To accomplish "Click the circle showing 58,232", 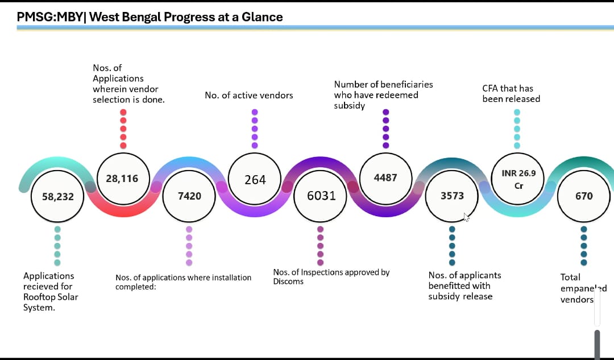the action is click(57, 196).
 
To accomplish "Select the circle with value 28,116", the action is click(123, 179).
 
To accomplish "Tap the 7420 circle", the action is click(189, 196).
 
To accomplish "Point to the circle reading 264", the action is click(255, 179).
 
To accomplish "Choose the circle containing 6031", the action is click(320, 196).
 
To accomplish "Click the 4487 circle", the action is click(385, 179).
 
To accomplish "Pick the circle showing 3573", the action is click(452, 196).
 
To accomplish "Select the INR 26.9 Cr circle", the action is click(518, 179).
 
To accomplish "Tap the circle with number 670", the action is click(584, 196).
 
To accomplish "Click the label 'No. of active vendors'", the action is click(249, 95).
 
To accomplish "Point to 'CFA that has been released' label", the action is click(511, 94).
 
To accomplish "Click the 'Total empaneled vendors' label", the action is click(583, 288).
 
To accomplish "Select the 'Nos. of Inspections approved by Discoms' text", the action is click(331, 276).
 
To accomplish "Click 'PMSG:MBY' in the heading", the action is click(49, 17).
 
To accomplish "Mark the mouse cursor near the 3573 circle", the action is click(466, 217).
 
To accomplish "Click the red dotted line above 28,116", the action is click(123, 129).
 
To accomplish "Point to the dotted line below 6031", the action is click(320, 246).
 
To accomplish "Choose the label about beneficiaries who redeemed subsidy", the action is click(383, 95).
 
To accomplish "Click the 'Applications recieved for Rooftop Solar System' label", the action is click(51, 291).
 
